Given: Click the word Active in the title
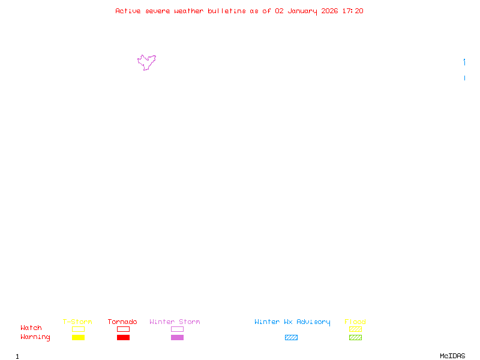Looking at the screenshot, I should point(128,11).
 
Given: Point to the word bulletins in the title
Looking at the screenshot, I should point(226,11).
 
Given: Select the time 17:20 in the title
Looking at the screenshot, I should point(352,11).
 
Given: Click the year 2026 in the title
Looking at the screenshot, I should point(329,11).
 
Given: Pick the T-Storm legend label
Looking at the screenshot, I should point(77,322).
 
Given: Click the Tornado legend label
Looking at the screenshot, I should point(122,322).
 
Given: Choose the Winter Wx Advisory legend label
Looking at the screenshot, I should point(292,322).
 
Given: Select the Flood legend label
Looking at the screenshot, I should point(355,322).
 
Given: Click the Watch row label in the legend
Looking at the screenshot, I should point(31,328).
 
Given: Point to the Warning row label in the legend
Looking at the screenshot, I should point(35,337).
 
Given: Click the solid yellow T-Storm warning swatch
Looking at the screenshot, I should point(78,338).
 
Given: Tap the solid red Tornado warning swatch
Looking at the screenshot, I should point(123,338).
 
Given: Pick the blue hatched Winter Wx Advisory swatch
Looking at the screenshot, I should point(291,338).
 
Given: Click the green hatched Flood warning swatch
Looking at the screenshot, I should point(355,338).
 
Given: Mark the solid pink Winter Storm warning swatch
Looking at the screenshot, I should point(177,338).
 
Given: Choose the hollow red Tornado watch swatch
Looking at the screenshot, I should point(123,329).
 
